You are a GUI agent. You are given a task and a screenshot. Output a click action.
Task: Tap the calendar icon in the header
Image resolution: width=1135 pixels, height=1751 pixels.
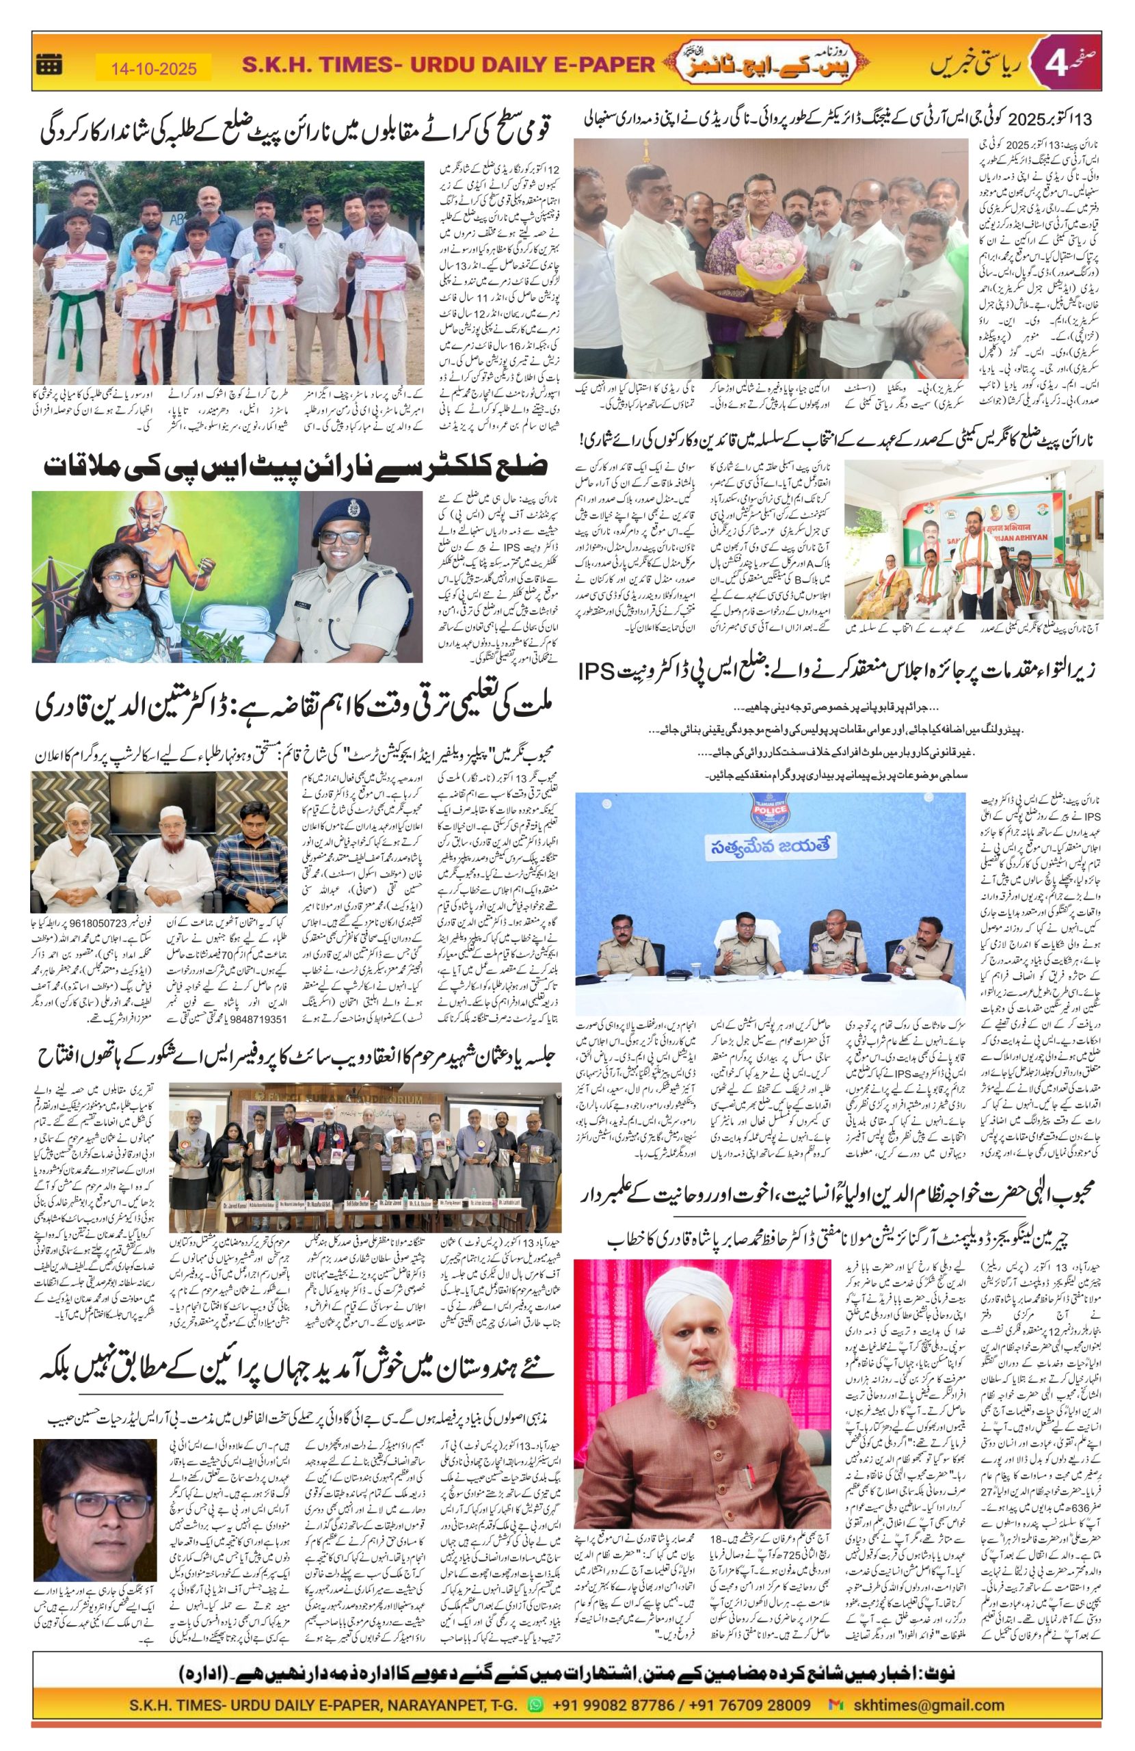(49, 66)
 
